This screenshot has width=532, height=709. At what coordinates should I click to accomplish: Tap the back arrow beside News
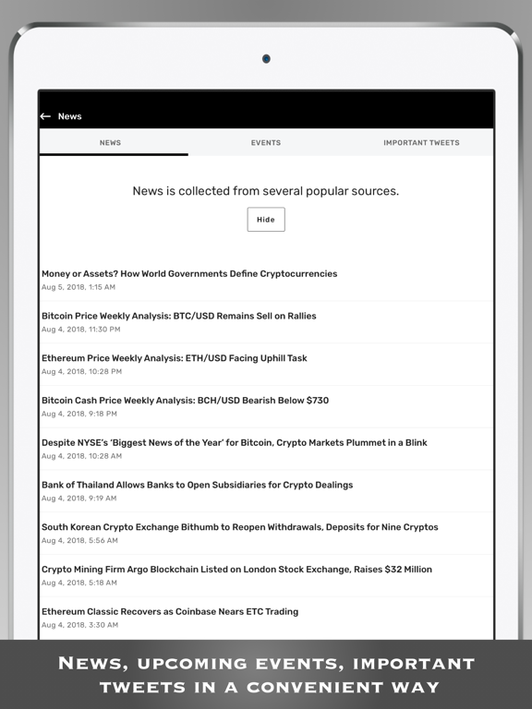(x=45, y=116)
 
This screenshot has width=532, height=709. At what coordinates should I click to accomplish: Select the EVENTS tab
(x=266, y=143)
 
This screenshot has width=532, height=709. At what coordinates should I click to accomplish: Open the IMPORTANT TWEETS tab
(x=421, y=143)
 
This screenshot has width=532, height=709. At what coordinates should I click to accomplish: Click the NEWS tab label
(x=110, y=143)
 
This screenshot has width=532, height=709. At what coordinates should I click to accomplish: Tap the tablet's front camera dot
(x=266, y=59)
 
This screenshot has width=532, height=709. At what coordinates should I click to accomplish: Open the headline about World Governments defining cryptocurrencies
(x=189, y=273)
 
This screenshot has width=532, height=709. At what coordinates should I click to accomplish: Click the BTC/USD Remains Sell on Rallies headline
(x=178, y=316)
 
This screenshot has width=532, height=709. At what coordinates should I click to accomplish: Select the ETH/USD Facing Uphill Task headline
(x=174, y=358)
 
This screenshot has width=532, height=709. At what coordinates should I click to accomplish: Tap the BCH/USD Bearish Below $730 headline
(x=185, y=401)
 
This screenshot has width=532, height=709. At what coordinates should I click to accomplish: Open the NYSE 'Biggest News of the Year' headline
(x=234, y=442)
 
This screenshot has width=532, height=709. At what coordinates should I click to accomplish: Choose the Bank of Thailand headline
(x=197, y=485)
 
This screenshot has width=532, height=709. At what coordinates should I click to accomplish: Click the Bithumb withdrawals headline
(x=239, y=527)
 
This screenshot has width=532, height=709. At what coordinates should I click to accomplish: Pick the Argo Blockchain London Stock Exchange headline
(x=236, y=570)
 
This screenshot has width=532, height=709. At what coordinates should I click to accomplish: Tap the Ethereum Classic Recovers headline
(x=169, y=611)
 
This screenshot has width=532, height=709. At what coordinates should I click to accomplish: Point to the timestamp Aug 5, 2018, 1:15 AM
(x=79, y=287)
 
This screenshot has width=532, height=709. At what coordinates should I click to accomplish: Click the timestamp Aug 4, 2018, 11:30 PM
(x=80, y=330)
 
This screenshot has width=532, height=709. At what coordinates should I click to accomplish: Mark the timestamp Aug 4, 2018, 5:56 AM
(x=79, y=541)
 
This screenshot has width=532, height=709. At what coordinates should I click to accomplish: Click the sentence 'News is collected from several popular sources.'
(x=266, y=191)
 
